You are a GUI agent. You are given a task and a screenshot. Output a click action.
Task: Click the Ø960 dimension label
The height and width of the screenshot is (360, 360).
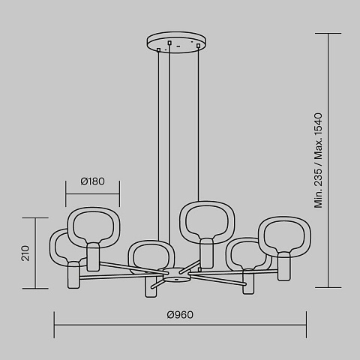tap(180, 315)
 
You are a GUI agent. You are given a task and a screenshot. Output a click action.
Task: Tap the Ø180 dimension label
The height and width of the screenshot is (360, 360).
tap(92, 181)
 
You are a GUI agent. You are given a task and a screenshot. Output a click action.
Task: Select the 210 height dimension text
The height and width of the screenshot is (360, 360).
tap(25, 253)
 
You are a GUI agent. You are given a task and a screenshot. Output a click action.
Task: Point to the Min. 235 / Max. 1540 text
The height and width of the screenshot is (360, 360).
tap(318, 160)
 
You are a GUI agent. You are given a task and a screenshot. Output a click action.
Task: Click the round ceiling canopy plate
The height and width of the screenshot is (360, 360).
tap(176, 42)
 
